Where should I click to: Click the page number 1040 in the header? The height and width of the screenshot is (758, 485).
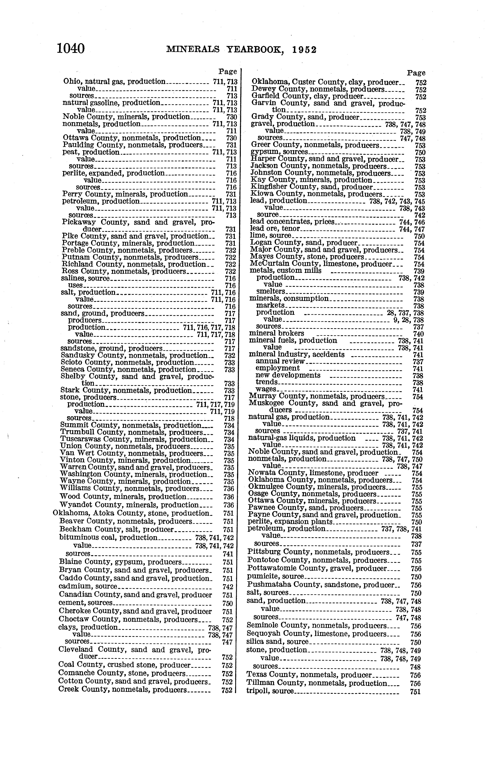pos(71,49)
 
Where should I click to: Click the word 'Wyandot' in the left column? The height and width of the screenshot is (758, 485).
pos(75,505)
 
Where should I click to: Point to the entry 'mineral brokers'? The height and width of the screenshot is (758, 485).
pos(277,333)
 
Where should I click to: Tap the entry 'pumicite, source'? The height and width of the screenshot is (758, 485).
pos(276,576)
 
